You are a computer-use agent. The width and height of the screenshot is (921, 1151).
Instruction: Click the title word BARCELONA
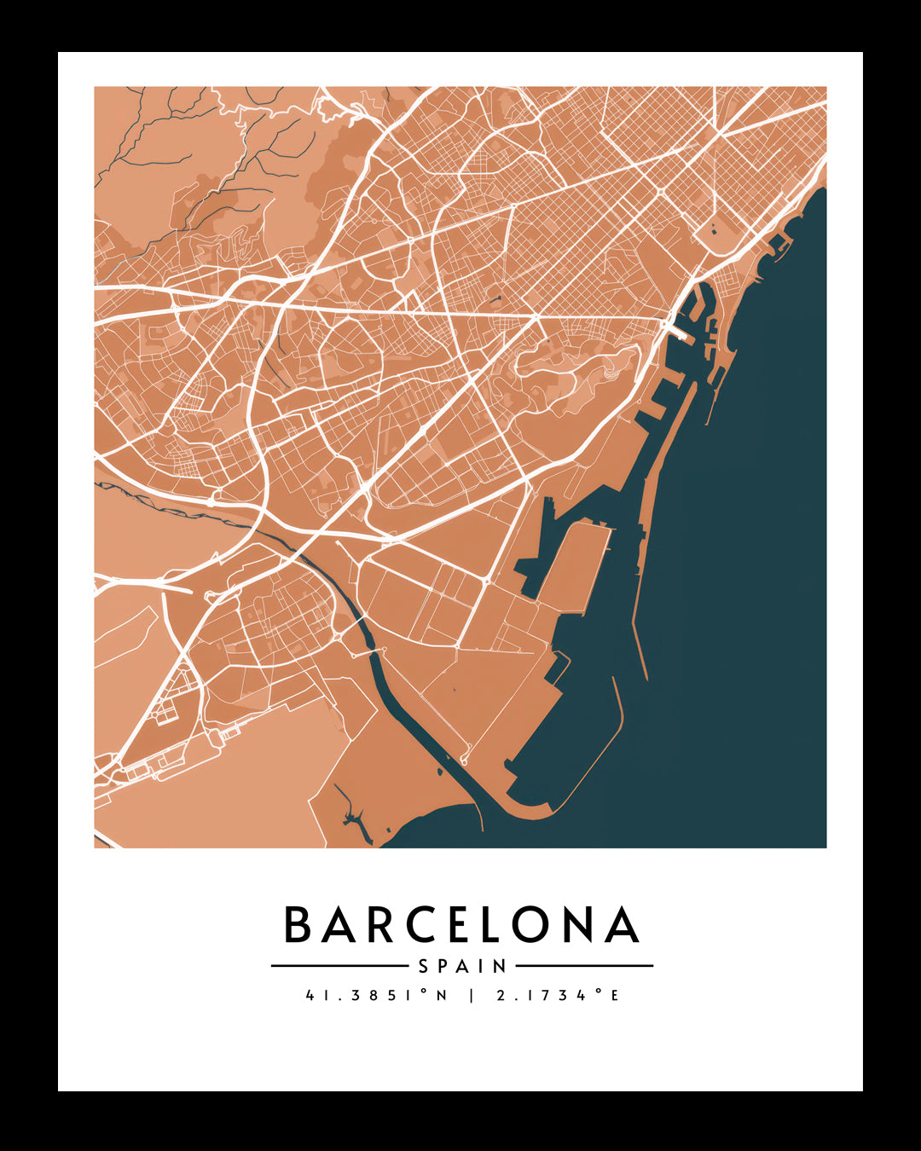(461, 925)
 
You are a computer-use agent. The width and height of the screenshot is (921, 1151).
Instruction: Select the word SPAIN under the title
(462, 967)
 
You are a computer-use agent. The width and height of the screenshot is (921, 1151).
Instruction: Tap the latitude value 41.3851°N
(376, 995)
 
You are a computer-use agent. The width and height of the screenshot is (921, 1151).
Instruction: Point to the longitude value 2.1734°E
(558, 995)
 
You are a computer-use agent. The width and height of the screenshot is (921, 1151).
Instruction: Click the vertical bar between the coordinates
(472, 995)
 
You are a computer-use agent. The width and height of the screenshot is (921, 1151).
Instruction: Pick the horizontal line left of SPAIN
(339, 966)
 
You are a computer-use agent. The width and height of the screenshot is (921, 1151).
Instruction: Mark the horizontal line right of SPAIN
(584, 966)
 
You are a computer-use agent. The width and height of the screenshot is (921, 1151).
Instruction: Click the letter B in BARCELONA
(298, 925)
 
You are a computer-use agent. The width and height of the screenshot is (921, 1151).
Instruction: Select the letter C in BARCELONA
(406, 925)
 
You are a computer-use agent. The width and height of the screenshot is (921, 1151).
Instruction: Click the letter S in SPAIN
(424, 967)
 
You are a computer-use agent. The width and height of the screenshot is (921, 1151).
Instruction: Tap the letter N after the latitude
(442, 995)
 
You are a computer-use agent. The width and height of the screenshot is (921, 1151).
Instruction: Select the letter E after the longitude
(614, 995)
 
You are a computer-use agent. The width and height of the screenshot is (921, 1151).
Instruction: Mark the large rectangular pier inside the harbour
(576, 567)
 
